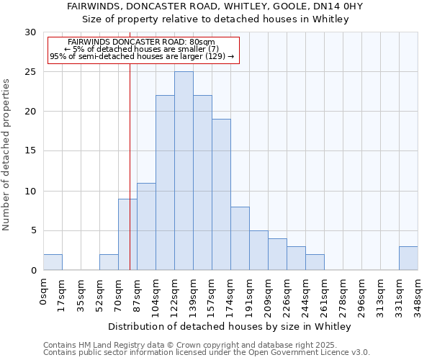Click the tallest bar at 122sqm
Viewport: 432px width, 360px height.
[184, 171]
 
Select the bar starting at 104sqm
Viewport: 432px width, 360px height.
[165, 183]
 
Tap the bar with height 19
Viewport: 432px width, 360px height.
[221, 194]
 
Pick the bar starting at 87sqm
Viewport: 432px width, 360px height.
[146, 227]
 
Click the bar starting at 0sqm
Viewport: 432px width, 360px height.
[53, 262]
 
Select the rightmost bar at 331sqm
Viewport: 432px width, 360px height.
[408, 258]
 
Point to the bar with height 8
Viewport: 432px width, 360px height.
[240, 238]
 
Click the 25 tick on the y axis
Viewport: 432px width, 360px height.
[31, 72]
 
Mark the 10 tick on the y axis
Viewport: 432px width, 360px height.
[31, 192]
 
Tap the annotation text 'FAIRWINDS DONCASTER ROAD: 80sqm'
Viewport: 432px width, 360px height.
[141, 42]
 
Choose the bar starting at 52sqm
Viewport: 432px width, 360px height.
[109, 262]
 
